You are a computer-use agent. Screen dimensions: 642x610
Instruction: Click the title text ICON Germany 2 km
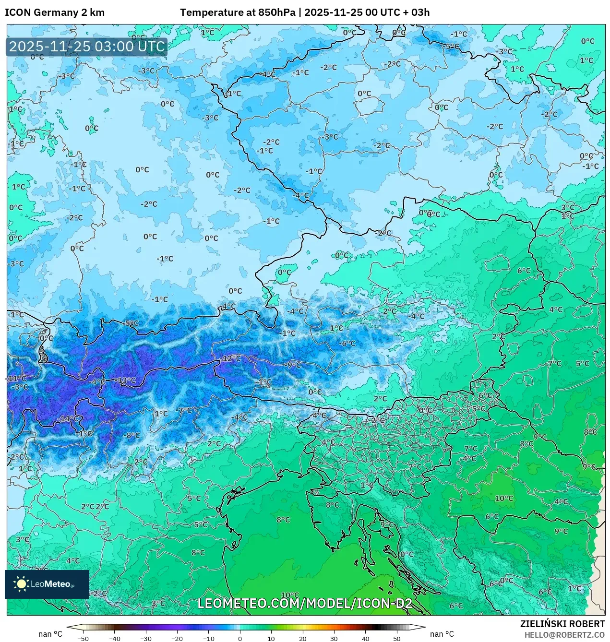(x=55, y=12)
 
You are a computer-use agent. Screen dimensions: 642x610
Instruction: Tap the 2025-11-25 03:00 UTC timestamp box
(x=87, y=47)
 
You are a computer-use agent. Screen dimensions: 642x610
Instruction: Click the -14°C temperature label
(x=68, y=419)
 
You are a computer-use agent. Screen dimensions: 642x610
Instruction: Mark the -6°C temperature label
(x=347, y=344)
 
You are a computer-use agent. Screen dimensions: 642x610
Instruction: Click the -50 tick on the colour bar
(x=83, y=639)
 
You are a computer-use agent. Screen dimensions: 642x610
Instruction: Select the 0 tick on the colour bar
(x=240, y=639)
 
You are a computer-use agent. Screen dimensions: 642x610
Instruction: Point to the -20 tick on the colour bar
(x=177, y=639)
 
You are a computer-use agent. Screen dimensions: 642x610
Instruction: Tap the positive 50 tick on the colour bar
(x=396, y=639)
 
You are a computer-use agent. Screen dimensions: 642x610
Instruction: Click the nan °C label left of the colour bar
(x=50, y=634)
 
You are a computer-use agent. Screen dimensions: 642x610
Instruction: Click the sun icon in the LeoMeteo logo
(x=21, y=583)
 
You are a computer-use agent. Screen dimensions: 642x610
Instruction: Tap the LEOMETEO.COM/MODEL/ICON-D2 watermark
(x=305, y=603)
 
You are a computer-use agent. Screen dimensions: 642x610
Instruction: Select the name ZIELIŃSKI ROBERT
(x=562, y=624)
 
